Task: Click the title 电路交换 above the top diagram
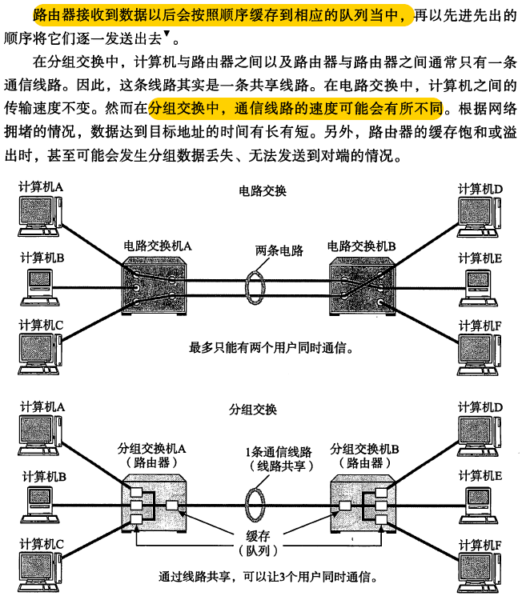pyautogui.click(x=261, y=192)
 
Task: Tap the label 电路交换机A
pyautogui.click(x=158, y=246)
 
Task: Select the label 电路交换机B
pyautogui.click(x=362, y=246)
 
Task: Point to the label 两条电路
pyautogui.click(x=279, y=251)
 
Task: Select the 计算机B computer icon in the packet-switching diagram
pyautogui.click(x=37, y=503)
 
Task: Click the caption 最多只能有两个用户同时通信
pyautogui.click(x=271, y=349)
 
